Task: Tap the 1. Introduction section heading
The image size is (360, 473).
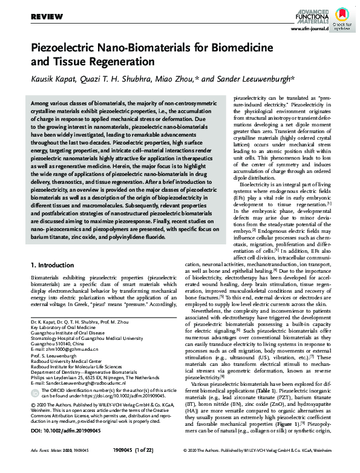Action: [x=51, y=266]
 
